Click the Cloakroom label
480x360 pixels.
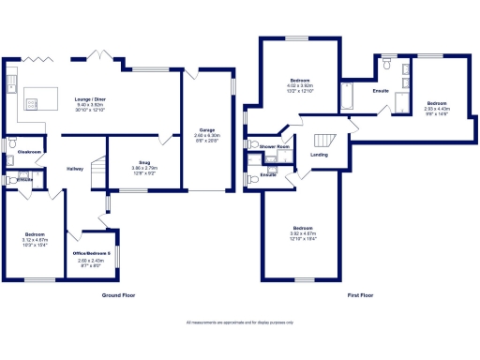pyautogui.click(x=28, y=151)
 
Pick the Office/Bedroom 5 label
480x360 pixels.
pyautogui.click(x=92, y=254)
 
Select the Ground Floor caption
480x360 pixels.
pyautogui.click(x=119, y=295)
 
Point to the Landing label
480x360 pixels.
pyautogui.click(x=319, y=155)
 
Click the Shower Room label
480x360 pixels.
pyautogui.click(x=276, y=147)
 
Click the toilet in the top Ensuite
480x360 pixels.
pyautogui.click(x=386, y=63)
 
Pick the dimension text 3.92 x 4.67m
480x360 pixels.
pyautogui.click(x=303, y=233)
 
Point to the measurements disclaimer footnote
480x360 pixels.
pyautogui.click(x=239, y=322)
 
